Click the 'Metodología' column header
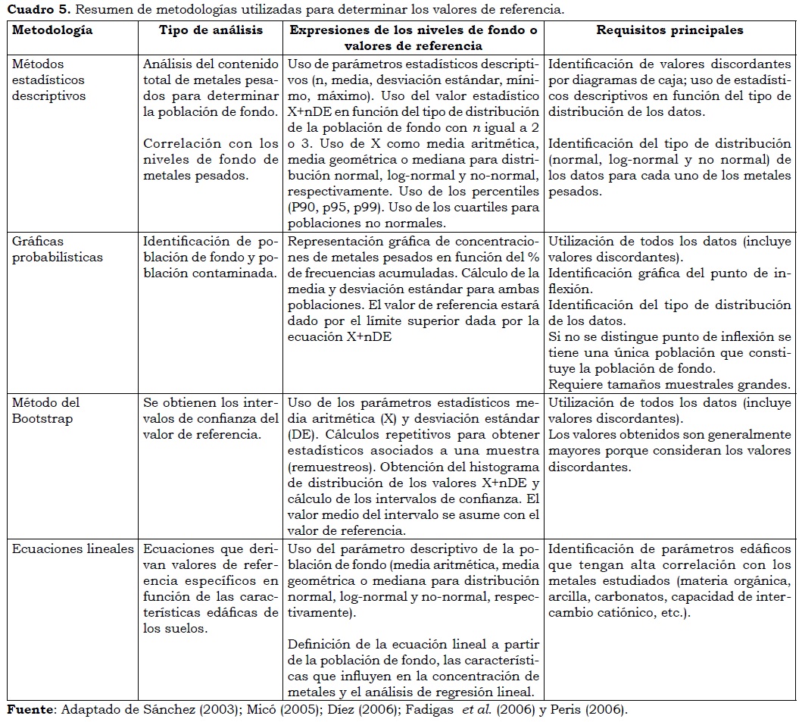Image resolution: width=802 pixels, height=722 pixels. (x=52, y=30)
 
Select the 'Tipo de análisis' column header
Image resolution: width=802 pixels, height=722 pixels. (x=211, y=30)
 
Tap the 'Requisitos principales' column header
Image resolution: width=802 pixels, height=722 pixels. (x=669, y=30)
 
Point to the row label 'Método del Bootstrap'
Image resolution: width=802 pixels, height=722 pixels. (x=46, y=411)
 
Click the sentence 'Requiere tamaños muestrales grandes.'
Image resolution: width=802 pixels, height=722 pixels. (x=669, y=385)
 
